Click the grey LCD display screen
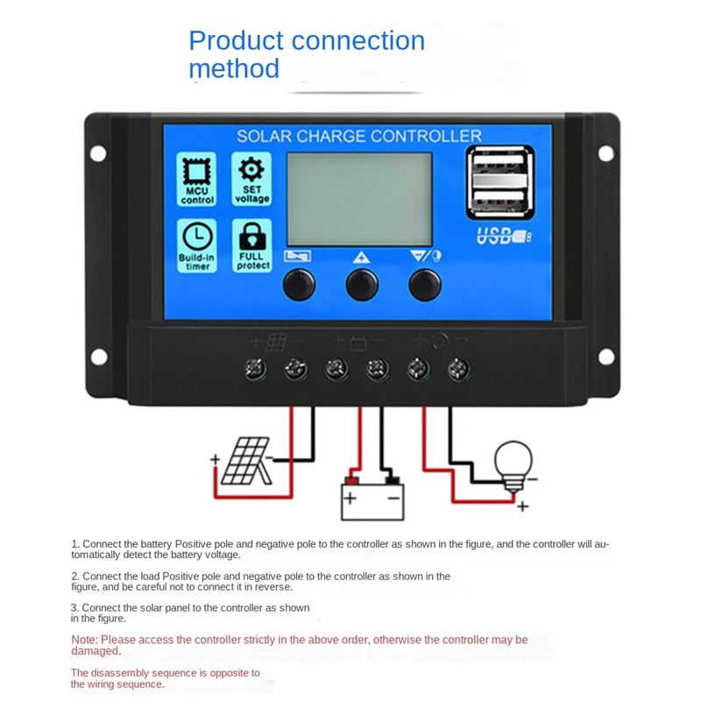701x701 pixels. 359,199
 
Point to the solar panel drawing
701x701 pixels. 244,464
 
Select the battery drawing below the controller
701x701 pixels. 371,499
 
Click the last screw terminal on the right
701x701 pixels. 456,369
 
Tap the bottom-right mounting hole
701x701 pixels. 605,355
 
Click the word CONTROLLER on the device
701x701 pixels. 426,137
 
